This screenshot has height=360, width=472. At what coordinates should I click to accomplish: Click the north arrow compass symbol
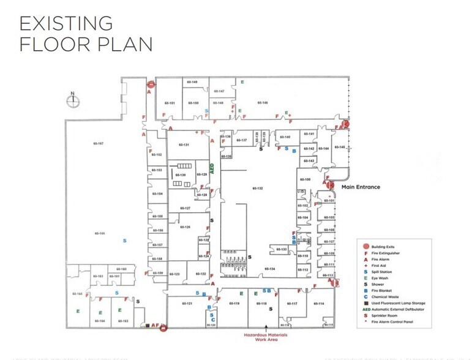point(72,99)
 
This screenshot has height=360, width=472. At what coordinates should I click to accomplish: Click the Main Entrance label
point(361,187)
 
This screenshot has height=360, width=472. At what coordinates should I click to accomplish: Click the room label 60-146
point(263,103)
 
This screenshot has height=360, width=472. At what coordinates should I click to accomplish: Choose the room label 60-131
point(183,144)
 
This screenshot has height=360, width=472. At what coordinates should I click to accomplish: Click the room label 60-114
point(319,304)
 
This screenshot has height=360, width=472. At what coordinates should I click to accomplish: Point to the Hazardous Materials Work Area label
point(266,337)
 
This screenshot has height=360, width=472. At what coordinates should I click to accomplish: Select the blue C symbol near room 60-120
point(212,320)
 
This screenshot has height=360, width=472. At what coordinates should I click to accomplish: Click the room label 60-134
point(270,269)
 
